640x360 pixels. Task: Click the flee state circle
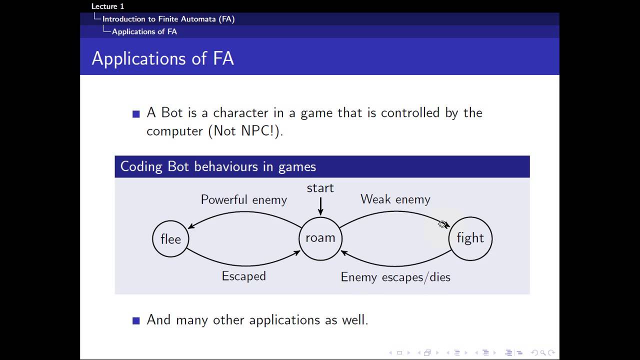[170, 239]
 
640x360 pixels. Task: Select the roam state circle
[320, 238]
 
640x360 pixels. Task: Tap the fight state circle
[470, 238]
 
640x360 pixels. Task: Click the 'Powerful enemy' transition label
[244, 200]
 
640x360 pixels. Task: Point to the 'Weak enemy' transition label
[395, 199]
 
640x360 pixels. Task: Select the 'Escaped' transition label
[244, 276]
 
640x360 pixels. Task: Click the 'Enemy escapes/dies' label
[395, 277]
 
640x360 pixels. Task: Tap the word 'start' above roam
[320, 188]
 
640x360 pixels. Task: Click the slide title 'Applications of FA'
[163, 58]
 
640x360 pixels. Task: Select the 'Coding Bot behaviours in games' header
[218, 166]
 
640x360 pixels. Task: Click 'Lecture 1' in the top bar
[107, 6]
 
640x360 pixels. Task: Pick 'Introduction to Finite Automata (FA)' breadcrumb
[168, 19]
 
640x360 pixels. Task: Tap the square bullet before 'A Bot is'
[136, 114]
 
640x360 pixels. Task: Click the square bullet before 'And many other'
[136, 320]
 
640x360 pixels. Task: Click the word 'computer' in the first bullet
[174, 131]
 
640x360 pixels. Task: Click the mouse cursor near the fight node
[442, 224]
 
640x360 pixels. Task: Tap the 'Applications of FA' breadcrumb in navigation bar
[144, 31]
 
